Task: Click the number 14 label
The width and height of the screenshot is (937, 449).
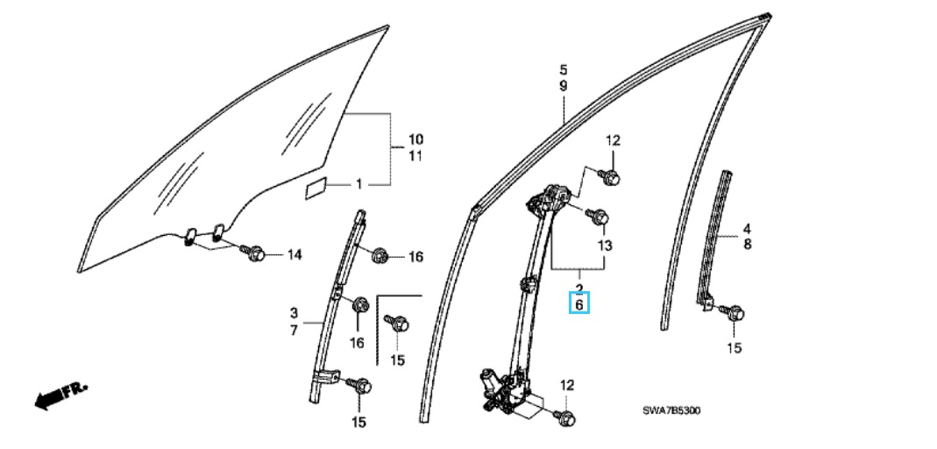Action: (x=294, y=255)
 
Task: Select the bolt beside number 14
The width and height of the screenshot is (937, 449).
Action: (x=253, y=253)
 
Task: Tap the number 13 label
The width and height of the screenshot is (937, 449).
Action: (x=605, y=246)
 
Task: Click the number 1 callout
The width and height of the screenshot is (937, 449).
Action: (x=358, y=185)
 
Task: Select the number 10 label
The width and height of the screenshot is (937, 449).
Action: (x=415, y=140)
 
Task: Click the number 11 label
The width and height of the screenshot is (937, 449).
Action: (x=415, y=157)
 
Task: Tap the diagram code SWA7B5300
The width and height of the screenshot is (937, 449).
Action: (x=671, y=410)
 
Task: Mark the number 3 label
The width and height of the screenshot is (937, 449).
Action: (x=294, y=313)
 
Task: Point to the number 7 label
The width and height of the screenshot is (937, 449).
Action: (x=294, y=330)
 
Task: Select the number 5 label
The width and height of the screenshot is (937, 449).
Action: (x=564, y=70)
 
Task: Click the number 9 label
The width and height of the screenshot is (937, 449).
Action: (x=564, y=87)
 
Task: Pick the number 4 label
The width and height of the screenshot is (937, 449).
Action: (x=747, y=228)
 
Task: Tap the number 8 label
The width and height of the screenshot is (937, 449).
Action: (x=747, y=245)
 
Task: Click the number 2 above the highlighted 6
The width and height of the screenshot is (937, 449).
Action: (x=579, y=289)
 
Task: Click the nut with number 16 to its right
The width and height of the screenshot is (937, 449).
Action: (x=378, y=256)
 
